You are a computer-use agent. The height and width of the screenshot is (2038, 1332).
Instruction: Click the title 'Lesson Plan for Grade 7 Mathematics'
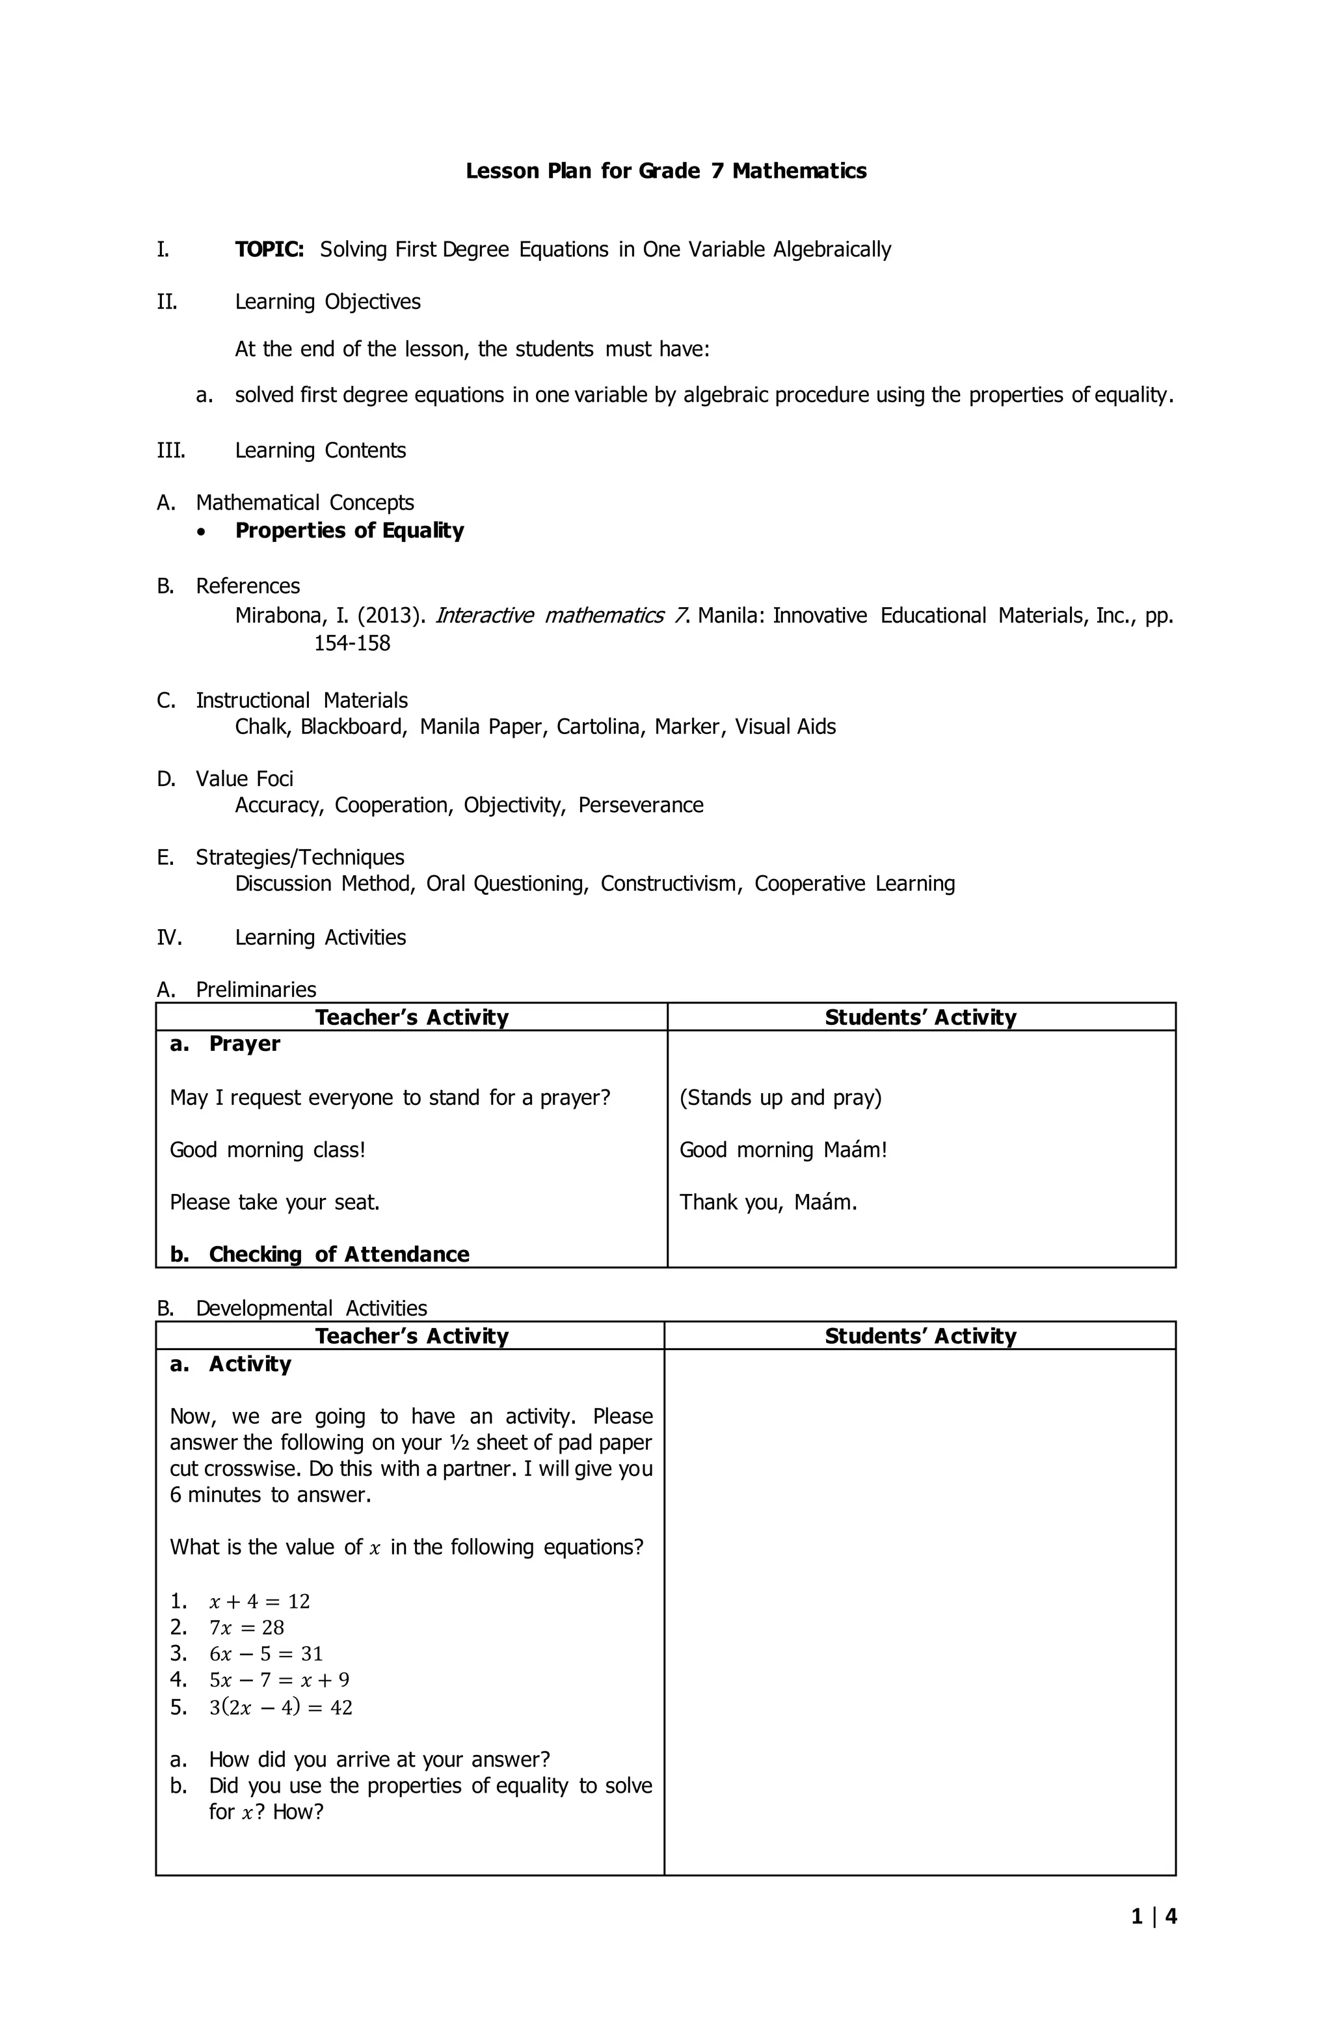pyautogui.click(x=665, y=171)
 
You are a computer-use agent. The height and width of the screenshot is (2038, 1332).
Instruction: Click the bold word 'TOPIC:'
pyautogui.click(x=269, y=249)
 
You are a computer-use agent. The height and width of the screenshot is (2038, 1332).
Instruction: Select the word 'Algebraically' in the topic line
pyautogui.click(x=831, y=249)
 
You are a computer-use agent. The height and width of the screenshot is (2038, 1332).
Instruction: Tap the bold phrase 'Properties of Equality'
pyautogui.click(x=349, y=531)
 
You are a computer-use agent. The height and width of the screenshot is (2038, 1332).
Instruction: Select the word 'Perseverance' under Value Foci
pyautogui.click(x=641, y=806)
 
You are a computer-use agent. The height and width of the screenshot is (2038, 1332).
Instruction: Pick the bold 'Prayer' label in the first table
pyautogui.click(x=244, y=1044)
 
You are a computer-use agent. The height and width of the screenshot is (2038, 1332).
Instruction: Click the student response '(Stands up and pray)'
pyautogui.click(x=780, y=1098)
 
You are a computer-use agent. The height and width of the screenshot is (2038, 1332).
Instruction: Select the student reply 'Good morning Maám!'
pyautogui.click(x=782, y=1150)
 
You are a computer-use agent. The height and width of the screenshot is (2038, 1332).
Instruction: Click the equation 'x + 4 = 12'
pyautogui.click(x=260, y=1601)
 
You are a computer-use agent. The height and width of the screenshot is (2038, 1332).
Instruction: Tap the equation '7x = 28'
pyautogui.click(x=246, y=1628)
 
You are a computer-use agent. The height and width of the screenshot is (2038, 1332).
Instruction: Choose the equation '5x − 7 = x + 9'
pyautogui.click(x=279, y=1680)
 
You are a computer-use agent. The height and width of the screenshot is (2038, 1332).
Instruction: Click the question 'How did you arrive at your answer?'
pyautogui.click(x=379, y=1759)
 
